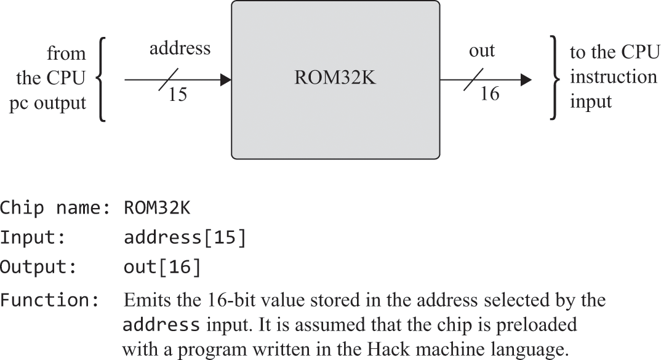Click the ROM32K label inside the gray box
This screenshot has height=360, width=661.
[335, 79]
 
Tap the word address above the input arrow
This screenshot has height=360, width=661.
[180, 48]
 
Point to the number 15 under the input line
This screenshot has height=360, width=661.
[177, 96]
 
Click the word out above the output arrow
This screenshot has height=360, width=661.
[481, 50]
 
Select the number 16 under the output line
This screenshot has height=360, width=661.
[489, 94]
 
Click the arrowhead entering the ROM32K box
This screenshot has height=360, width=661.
[225, 79]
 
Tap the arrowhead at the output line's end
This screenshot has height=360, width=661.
[526, 79]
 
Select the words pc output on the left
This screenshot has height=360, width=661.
[47, 103]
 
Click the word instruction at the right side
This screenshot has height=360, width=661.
[605, 77]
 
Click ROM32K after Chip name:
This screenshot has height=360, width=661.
[157, 208]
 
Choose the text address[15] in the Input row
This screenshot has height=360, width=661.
[185, 238]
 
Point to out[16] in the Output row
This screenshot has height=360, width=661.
[162, 267]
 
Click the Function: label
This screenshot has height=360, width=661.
[49, 301]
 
